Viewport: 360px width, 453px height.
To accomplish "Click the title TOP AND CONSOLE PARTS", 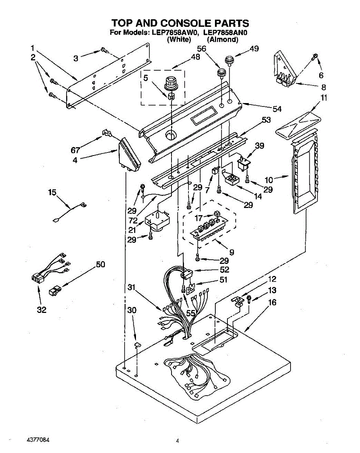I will point(180,23).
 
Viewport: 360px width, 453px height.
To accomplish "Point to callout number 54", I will point(277,109).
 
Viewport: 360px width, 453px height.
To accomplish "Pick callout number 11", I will point(324,98).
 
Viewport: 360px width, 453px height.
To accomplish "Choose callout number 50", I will point(100,264).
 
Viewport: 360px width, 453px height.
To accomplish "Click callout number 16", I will point(272,302).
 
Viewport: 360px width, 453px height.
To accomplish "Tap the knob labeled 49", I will point(229,60).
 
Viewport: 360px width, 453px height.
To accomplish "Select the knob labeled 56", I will point(221,72).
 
